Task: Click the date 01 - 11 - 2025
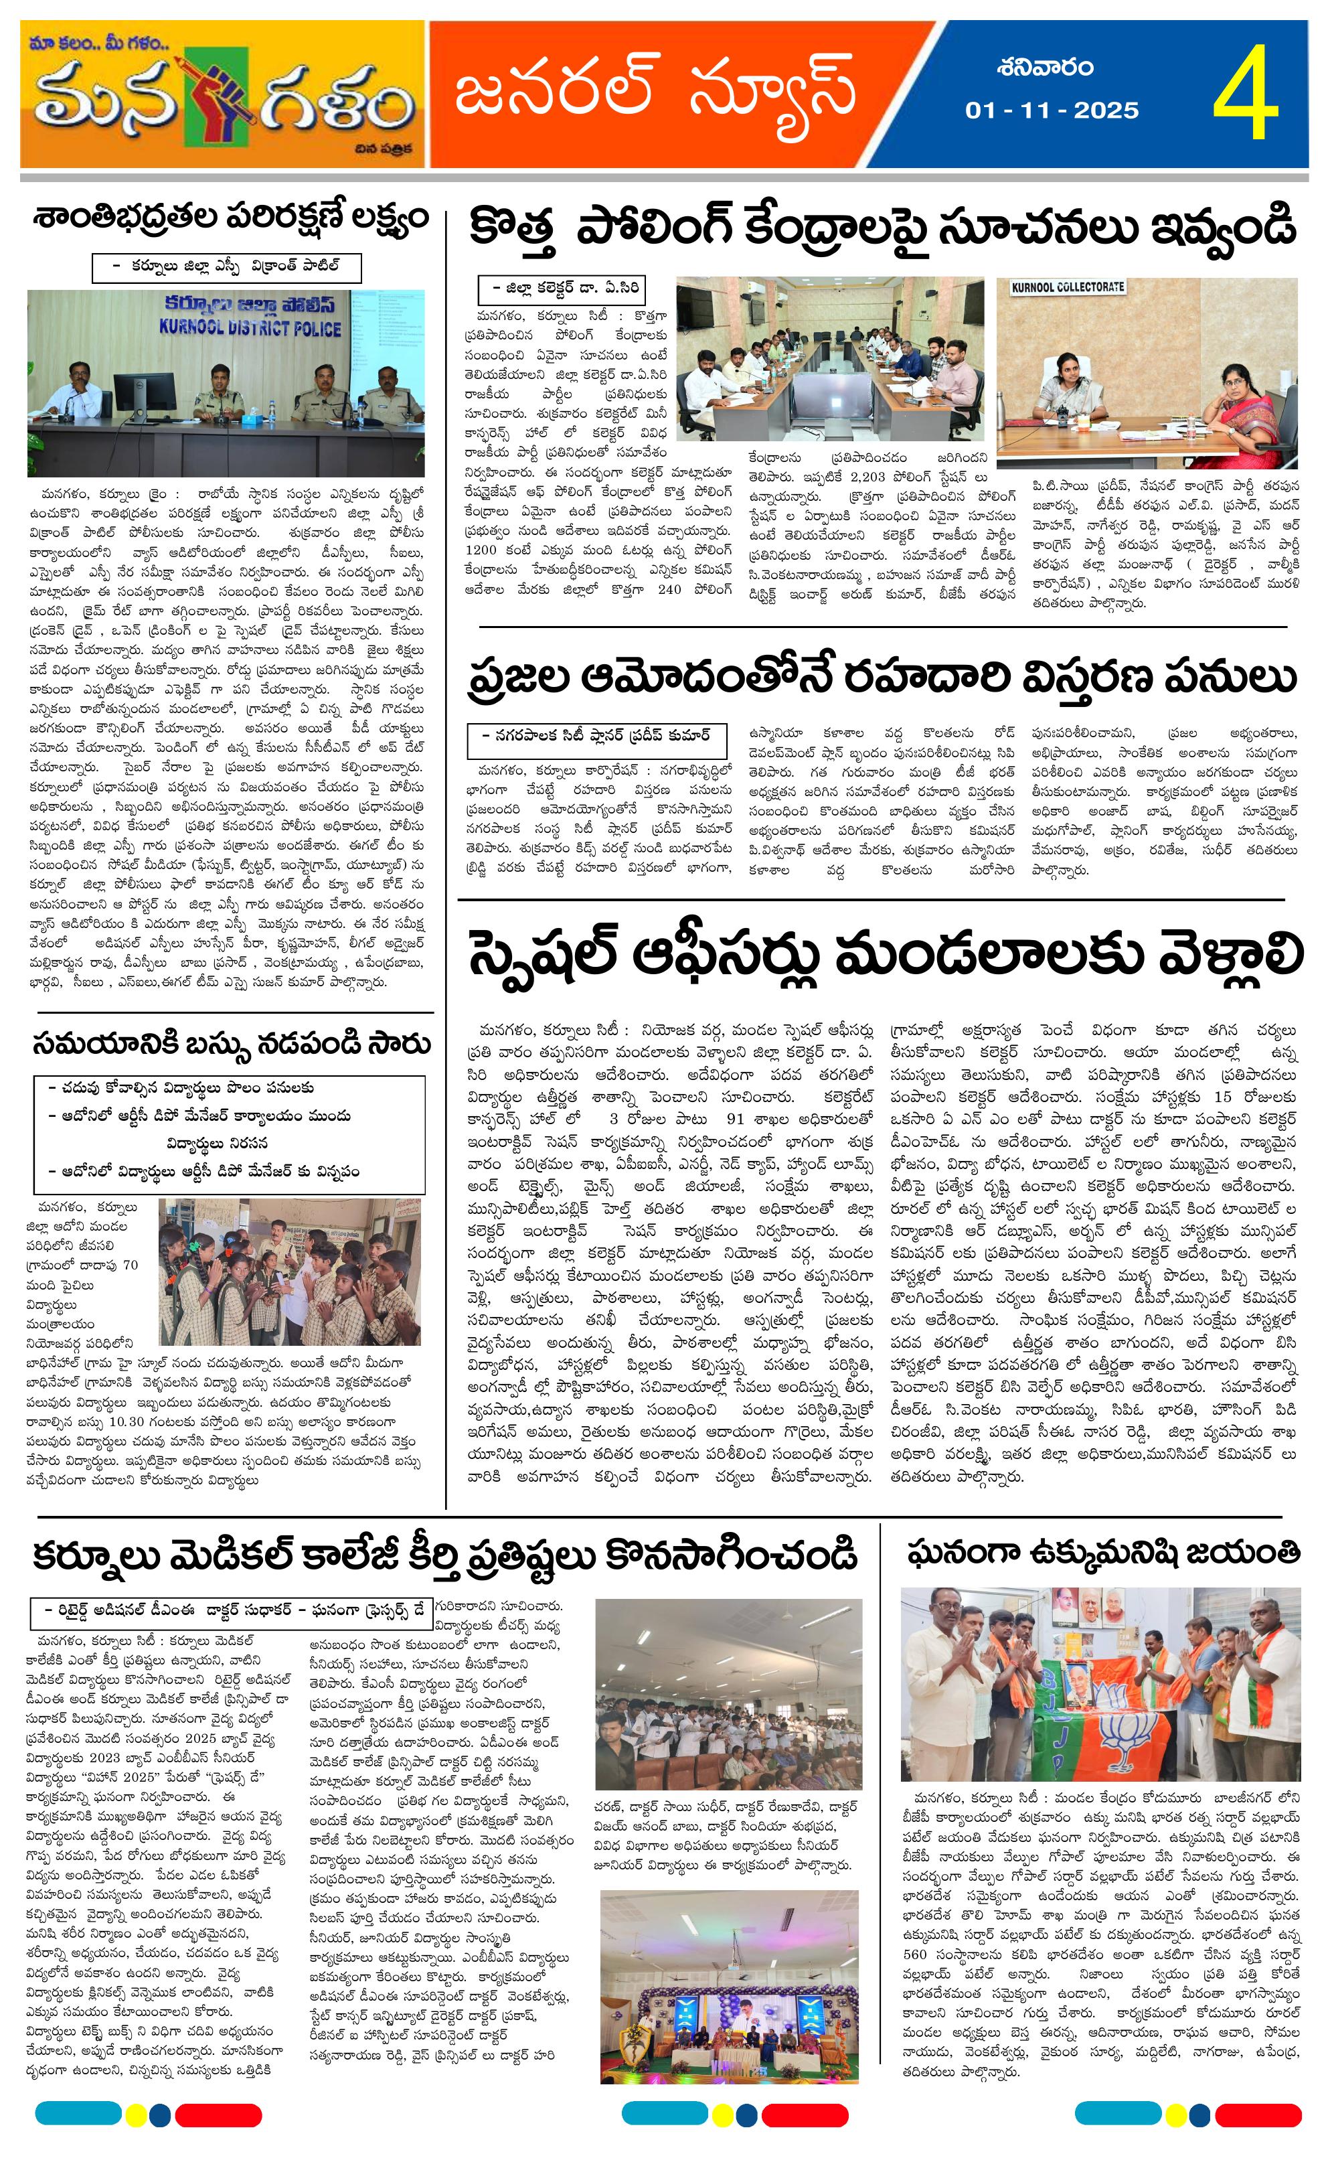(x=1052, y=110)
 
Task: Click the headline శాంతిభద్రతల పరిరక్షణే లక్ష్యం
(x=230, y=216)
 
